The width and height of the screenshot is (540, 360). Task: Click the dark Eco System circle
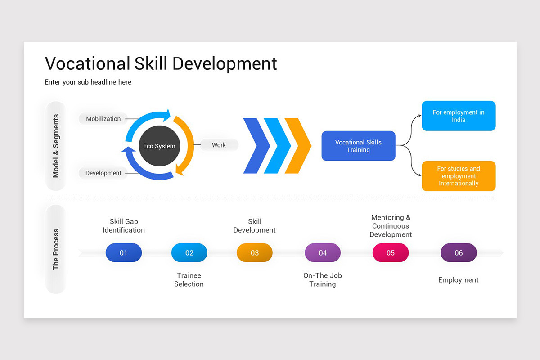point(159,146)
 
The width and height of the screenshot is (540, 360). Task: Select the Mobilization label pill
point(103,119)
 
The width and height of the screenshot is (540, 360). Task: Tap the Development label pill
point(103,173)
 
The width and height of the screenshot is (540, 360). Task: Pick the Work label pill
point(219,145)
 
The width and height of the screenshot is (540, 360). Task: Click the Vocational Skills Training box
point(358,146)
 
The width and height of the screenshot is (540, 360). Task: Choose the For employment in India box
point(459,116)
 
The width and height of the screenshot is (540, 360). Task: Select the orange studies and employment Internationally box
point(459,176)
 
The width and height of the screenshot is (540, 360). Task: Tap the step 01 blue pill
point(124,253)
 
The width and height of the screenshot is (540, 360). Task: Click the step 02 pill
point(189,253)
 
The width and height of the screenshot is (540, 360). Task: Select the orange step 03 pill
point(255,253)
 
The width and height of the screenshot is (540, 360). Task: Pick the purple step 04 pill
point(323,253)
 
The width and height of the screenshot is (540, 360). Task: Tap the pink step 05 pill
point(391,253)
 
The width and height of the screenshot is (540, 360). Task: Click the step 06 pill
point(459,253)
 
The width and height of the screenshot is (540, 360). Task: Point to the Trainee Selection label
point(189,279)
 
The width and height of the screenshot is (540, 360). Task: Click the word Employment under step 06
point(459,280)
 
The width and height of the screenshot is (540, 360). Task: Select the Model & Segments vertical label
point(56,146)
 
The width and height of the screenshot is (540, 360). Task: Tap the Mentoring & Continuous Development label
point(391,226)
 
